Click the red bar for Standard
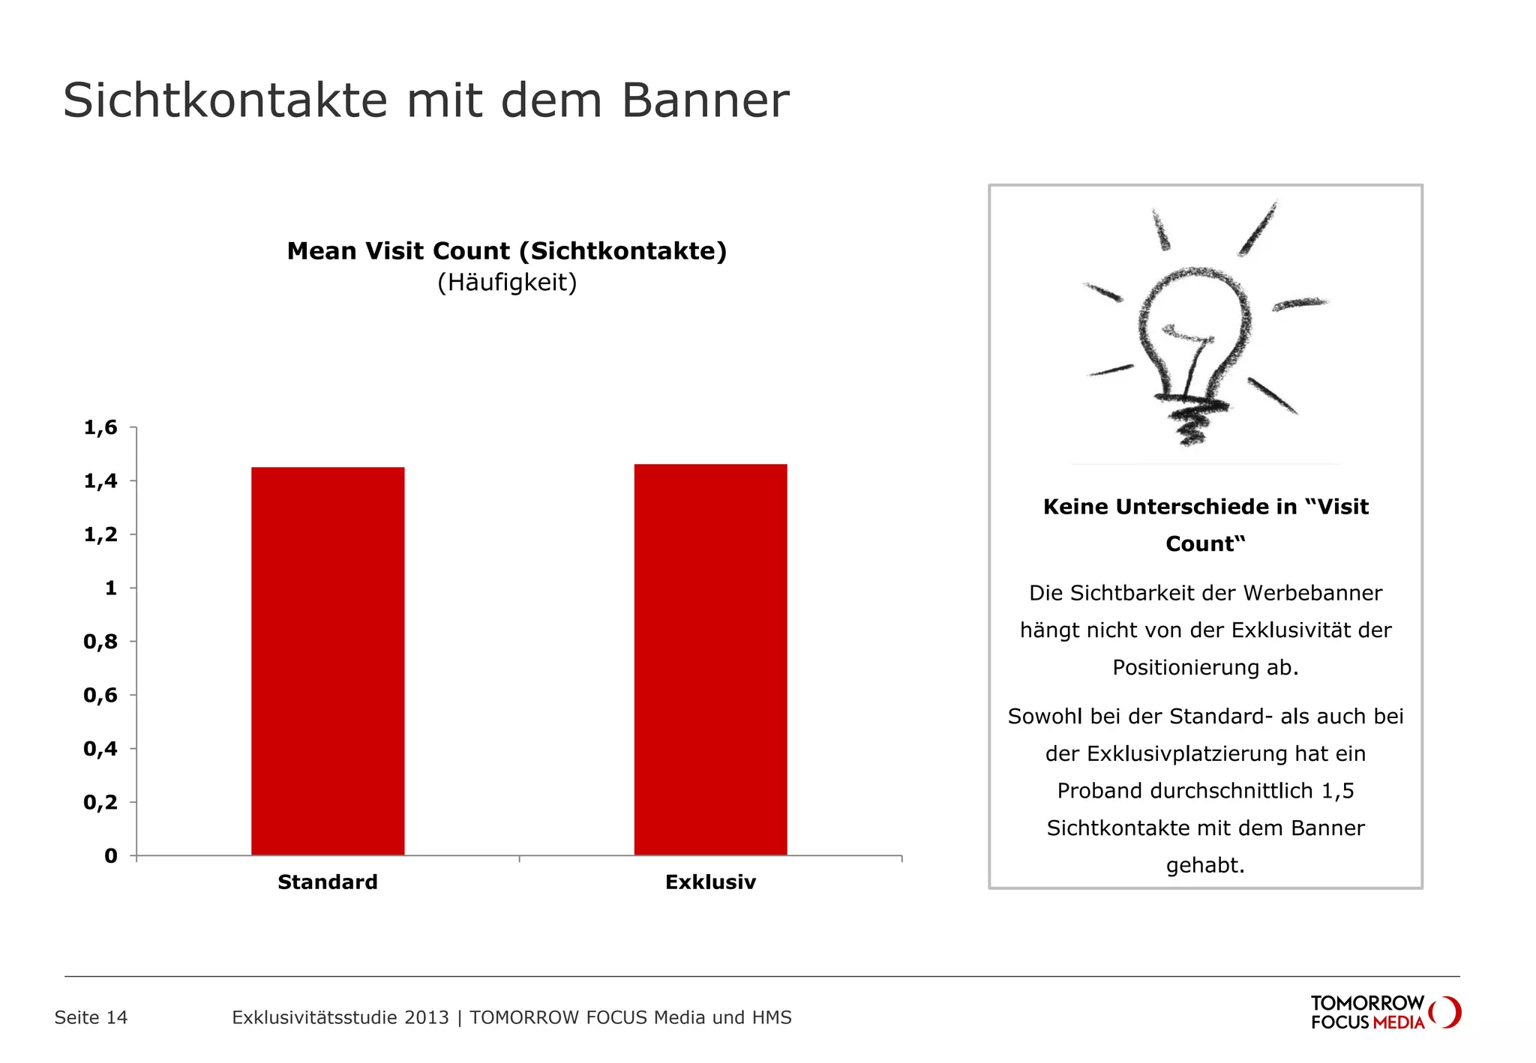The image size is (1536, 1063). point(328,660)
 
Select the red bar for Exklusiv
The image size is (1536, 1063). point(710,659)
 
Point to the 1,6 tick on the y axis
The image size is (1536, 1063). point(100,428)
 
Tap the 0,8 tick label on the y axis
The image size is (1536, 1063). point(100,642)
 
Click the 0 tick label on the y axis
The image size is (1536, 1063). point(111,856)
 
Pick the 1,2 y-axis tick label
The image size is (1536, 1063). point(100,534)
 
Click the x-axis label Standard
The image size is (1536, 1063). point(328,882)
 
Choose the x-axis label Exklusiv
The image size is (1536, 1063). point(710,882)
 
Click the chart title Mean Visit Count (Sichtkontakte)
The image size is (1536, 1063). point(507,251)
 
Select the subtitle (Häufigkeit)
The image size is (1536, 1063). point(507,283)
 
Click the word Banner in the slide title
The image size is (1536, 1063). point(705,100)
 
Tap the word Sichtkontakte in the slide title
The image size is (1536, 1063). point(225,100)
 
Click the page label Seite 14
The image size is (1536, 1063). point(91,1017)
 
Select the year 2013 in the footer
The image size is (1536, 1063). point(426,1017)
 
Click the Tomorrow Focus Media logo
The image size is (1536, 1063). point(1385,1012)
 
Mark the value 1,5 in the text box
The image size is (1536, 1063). point(1337,791)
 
